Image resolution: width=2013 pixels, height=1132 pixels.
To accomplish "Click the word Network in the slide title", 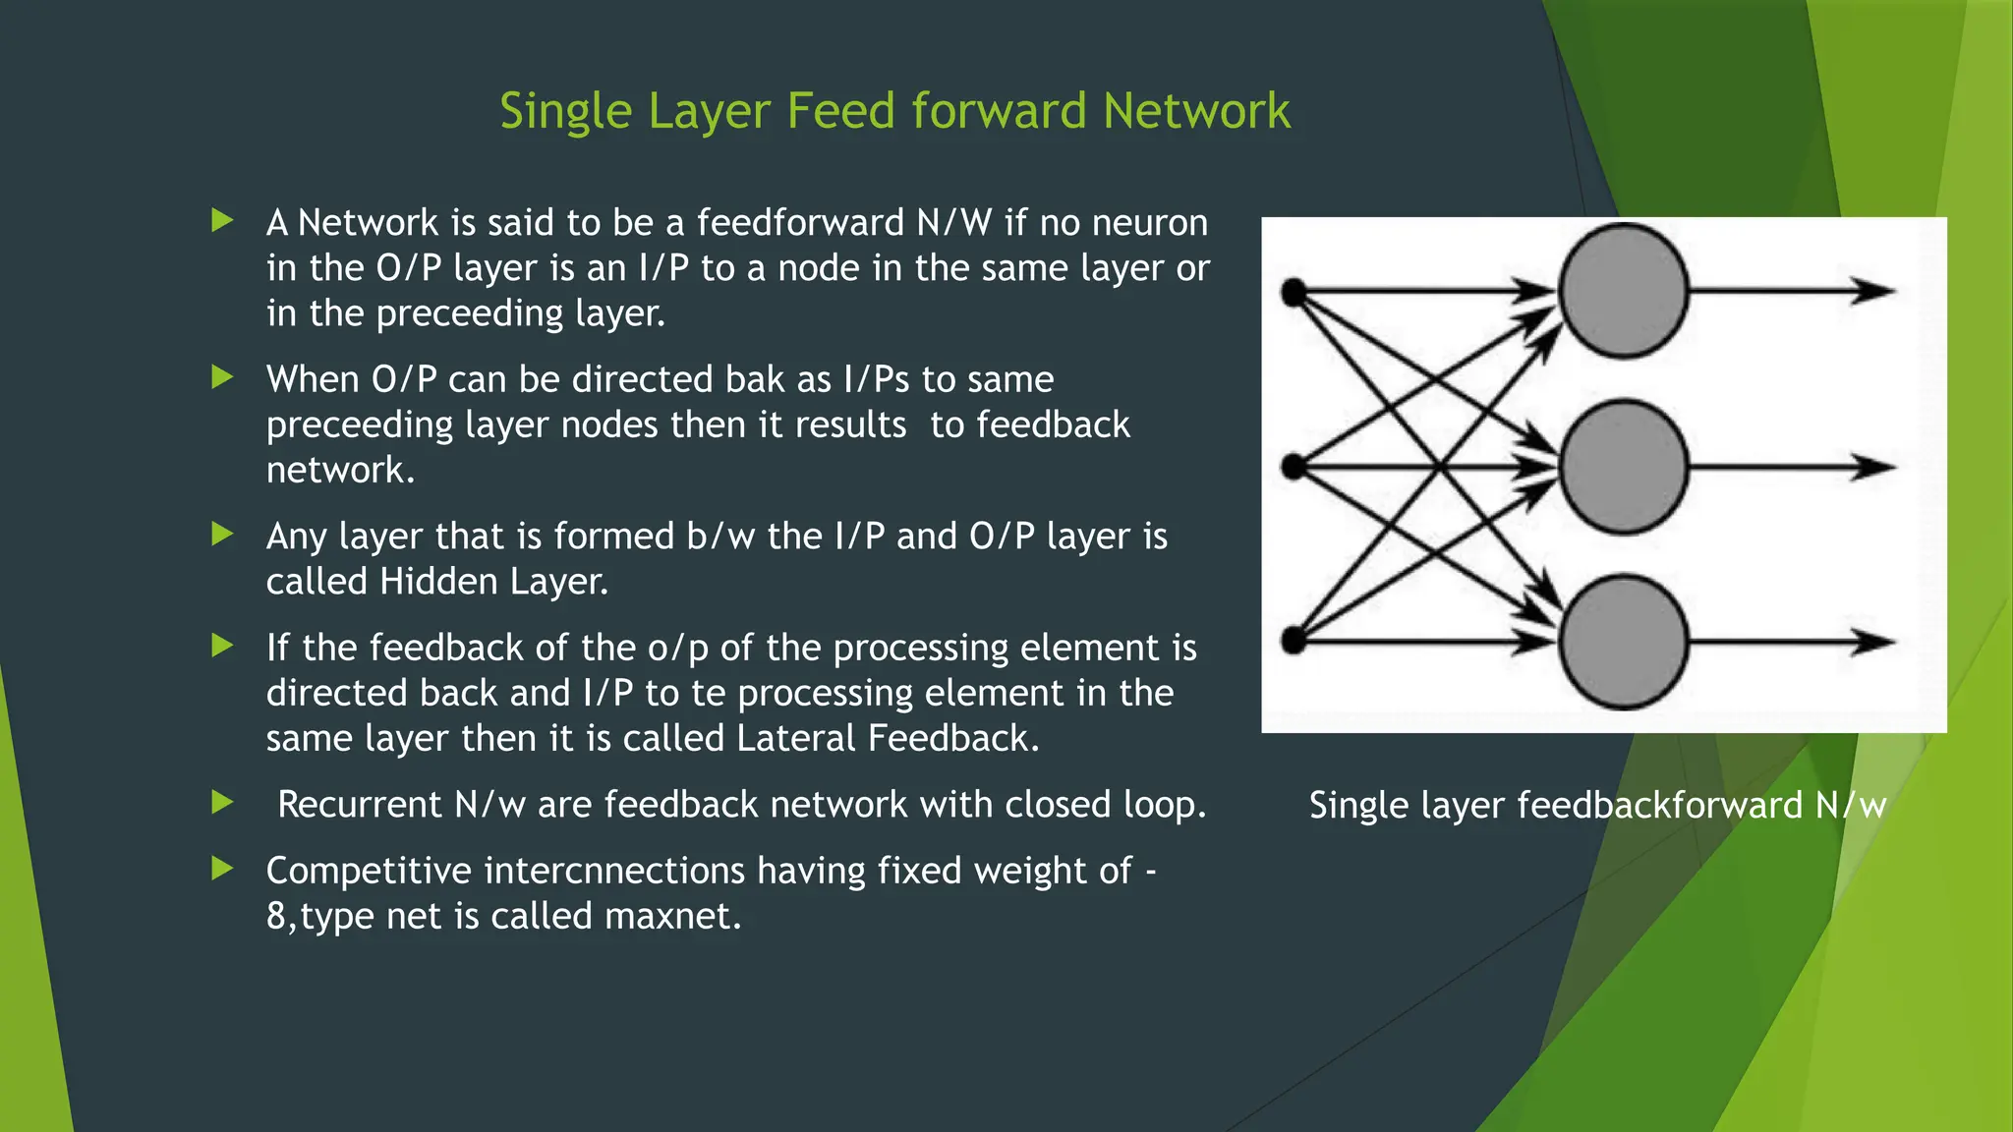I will point(1195,111).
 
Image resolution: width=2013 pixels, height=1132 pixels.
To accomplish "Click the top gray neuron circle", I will point(1623,291).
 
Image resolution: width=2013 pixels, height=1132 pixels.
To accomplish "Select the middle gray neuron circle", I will point(1623,467).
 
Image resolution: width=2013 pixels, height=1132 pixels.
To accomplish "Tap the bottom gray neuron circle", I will point(1623,642).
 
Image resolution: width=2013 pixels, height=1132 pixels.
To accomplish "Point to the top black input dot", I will point(1294,292).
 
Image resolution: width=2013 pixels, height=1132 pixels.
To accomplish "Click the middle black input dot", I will point(1294,467).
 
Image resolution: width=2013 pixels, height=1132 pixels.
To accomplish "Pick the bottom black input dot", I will point(1294,642).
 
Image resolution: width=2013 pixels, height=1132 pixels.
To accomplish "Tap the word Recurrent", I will point(359,805).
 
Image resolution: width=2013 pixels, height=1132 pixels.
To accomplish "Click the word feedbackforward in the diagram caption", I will point(1660,806).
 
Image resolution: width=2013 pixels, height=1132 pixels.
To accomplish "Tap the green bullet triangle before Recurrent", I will point(223,803).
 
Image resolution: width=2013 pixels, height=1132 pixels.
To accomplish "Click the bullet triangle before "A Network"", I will point(223,220).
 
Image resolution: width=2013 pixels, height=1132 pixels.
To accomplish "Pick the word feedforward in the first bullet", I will point(800,223).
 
